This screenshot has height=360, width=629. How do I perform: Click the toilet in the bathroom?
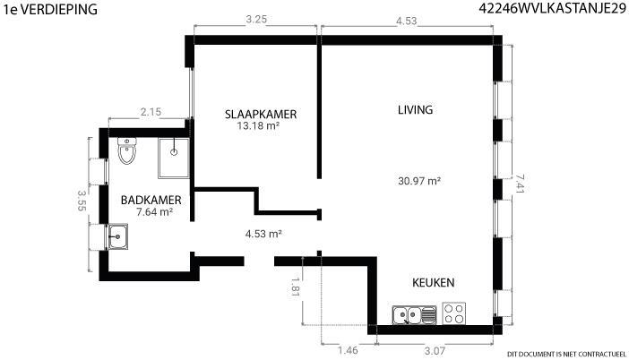tap(127, 150)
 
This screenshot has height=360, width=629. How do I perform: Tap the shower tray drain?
tap(174, 152)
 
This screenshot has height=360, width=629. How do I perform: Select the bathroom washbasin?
tap(118, 236)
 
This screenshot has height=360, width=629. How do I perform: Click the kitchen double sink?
tap(414, 314)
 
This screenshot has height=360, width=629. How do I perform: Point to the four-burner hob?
tap(454, 313)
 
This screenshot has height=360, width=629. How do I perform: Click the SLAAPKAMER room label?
tap(261, 115)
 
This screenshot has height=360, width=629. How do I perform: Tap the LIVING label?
tap(415, 110)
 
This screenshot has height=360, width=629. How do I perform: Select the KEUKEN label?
tap(434, 283)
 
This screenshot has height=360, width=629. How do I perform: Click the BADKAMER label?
tap(151, 200)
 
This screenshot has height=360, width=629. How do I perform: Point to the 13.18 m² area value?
tap(258, 126)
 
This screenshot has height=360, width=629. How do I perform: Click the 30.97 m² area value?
tap(419, 181)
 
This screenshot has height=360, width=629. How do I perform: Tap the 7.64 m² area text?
tap(154, 211)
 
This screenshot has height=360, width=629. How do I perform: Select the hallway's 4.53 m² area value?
tap(263, 234)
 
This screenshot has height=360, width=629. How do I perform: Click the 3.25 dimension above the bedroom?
tap(256, 19)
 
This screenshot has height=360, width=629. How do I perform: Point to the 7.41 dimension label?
tap(520, 183)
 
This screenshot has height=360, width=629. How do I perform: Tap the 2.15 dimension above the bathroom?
tap(151, 112)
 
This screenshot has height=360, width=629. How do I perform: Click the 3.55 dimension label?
tap(82, 201)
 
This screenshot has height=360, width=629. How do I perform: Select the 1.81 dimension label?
tap(296, 287)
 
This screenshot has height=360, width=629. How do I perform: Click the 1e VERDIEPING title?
tap(50, 9)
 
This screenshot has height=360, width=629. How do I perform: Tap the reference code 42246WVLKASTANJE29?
tap(552, 8)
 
